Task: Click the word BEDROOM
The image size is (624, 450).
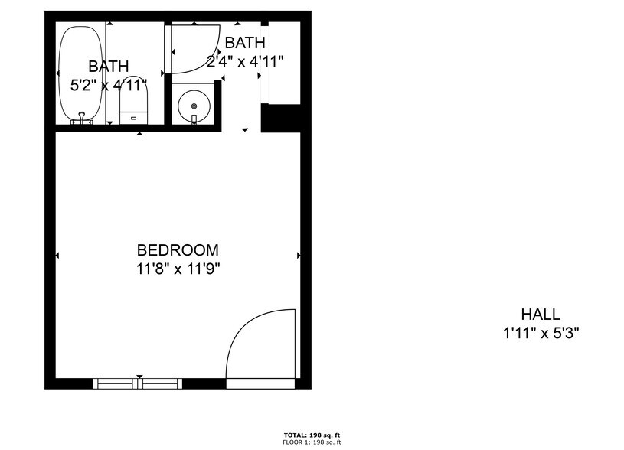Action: click(178, 250)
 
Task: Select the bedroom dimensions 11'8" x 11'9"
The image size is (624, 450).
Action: click(178, 269)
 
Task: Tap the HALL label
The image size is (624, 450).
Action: click(541, 314)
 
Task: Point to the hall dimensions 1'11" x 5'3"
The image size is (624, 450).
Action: click(541, 333)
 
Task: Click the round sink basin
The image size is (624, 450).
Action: click(194, 105)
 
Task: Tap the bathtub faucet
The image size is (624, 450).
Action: click(80, 118)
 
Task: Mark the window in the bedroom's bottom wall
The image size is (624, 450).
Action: click(138, 383)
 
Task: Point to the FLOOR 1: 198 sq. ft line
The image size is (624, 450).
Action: click(312, 442)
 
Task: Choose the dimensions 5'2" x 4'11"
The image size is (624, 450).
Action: click(108, 86)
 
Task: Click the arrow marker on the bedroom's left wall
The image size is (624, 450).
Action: click(58, 255)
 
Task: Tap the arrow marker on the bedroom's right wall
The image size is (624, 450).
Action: click(298, 255)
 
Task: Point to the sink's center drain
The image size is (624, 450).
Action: click(194, 105)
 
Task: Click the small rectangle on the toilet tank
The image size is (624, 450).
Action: click(133, 118)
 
